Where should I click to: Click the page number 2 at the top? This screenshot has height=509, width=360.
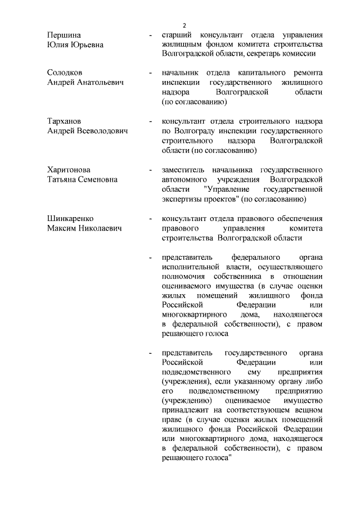point(184,25)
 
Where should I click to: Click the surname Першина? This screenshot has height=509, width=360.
point(64,35)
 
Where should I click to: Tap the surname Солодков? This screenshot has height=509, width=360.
point(65,73)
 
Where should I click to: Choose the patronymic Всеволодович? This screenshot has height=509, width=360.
point(101,130)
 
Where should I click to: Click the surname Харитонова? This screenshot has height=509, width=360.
point(68,169)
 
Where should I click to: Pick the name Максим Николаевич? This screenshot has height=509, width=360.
point(83,227)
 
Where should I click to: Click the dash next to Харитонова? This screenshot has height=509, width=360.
point(149,170)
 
